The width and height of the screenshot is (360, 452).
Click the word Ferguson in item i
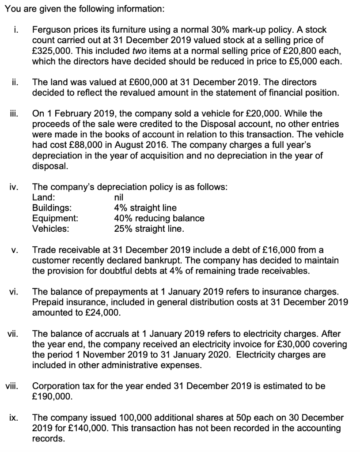(x=50, y=30)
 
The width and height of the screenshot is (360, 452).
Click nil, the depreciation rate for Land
(x=119, y=197)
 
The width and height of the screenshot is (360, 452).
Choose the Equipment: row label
(x=55, y=218)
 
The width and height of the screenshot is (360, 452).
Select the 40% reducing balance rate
(x=159, y=218)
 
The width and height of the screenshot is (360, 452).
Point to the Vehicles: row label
(x=51, y=229)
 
